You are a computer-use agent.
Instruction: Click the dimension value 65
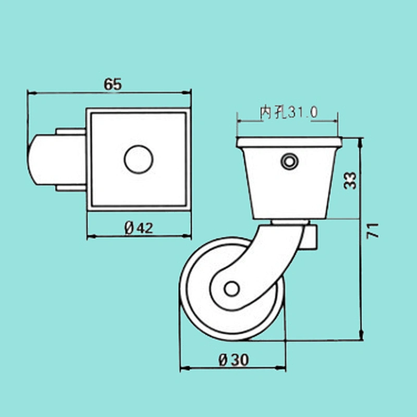[113, 84]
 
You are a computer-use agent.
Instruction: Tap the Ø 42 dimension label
[139, 228]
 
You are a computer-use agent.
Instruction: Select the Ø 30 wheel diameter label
[234, 360]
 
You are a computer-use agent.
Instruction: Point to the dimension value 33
[350, 180]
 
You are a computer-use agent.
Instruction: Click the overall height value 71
[372, 231]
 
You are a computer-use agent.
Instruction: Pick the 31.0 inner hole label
[303, 112]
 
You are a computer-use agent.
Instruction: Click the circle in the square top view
[139, 160]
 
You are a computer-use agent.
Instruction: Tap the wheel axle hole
[231, 289]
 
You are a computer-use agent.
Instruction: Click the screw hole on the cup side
[290, 161]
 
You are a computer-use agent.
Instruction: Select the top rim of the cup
[289, 142]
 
